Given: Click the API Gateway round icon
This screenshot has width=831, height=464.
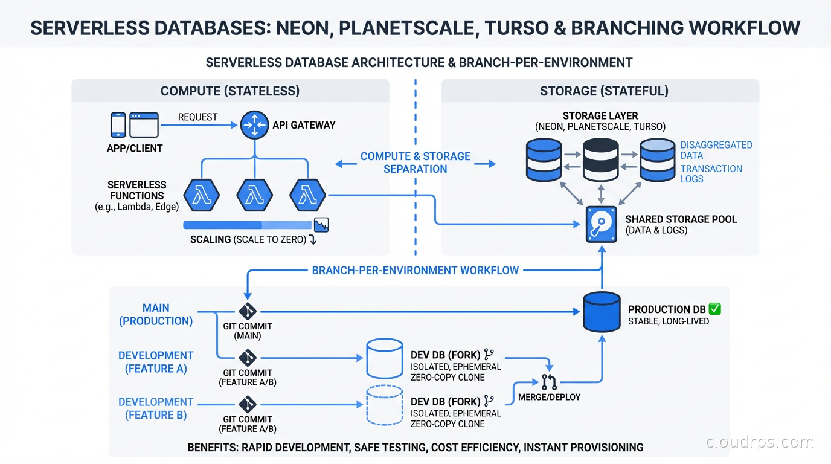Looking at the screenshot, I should coord(254,125).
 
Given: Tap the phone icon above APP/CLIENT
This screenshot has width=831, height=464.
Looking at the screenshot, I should coord(118,125).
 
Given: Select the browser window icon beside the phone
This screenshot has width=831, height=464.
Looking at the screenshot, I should coord(144,125).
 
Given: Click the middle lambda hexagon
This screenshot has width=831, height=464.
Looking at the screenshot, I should coord(254,195).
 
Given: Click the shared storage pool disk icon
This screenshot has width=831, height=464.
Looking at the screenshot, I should coord(602,225).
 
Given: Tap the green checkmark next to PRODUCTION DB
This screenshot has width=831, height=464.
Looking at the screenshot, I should coord(714,309).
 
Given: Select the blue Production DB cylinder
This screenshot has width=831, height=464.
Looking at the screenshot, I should coord(602,312).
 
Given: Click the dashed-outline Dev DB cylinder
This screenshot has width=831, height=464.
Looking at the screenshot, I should coord(385,405).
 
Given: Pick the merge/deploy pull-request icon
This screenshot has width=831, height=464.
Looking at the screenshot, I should coord(549,382).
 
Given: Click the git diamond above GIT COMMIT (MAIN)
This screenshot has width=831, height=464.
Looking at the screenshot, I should coord(248,311).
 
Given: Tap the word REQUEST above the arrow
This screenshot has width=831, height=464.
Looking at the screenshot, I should coord(197,117).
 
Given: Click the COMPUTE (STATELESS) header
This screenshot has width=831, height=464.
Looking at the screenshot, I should coord(230,91).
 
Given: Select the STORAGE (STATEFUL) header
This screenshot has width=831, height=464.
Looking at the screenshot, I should coord(604,91).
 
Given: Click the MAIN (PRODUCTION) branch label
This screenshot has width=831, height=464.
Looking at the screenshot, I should coord(156,315).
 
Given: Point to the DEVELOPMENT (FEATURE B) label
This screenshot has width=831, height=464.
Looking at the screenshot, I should coord(156,408).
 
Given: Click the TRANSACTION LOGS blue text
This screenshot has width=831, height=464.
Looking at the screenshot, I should coord(711,173).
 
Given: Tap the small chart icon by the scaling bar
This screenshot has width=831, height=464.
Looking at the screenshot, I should coord(321,224).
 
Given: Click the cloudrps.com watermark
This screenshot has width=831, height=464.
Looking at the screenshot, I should coord(760,442).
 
